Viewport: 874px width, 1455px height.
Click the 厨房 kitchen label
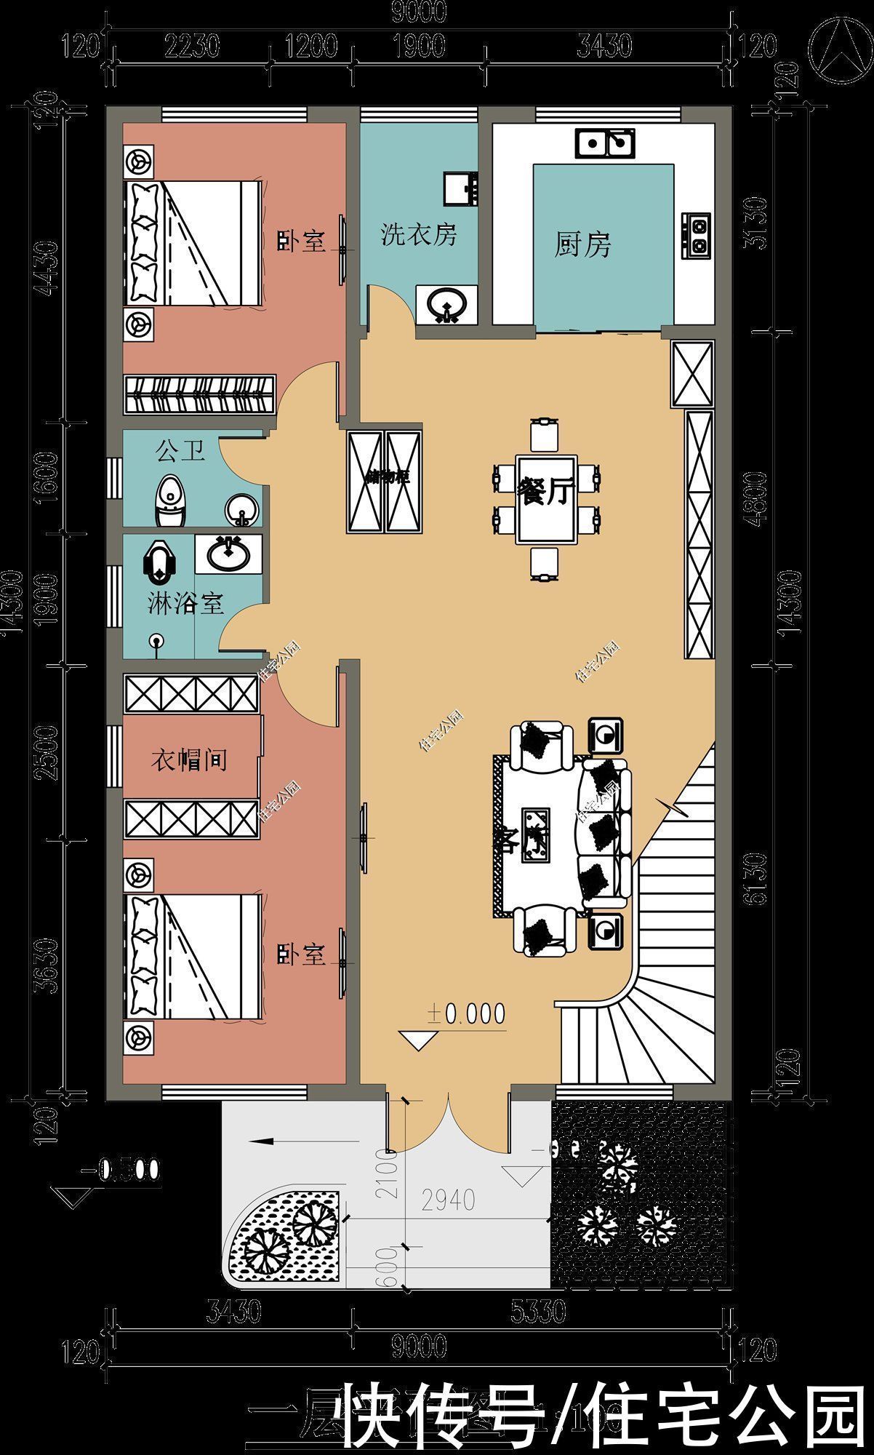[582, 244]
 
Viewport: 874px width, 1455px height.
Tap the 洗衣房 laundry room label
[419, 235]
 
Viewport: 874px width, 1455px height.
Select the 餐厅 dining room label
[545, 491]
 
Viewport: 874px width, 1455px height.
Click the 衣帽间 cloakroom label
[188, 760]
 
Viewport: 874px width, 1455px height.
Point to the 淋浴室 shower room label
[185, 603]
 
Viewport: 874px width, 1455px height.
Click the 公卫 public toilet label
[180, 451]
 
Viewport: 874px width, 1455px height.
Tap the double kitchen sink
[605, 143]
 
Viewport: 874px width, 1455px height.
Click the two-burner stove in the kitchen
[696, 235]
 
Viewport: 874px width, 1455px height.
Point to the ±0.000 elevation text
[465, 1013]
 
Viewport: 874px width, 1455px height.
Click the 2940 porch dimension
[449, 1200]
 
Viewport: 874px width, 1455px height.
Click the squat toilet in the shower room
[158, 561]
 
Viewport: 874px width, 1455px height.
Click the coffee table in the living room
[534, 835]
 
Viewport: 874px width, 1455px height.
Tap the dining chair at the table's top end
[545, 435]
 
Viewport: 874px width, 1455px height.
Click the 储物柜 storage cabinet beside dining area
[384, 481]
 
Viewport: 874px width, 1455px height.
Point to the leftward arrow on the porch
[273, 1141]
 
